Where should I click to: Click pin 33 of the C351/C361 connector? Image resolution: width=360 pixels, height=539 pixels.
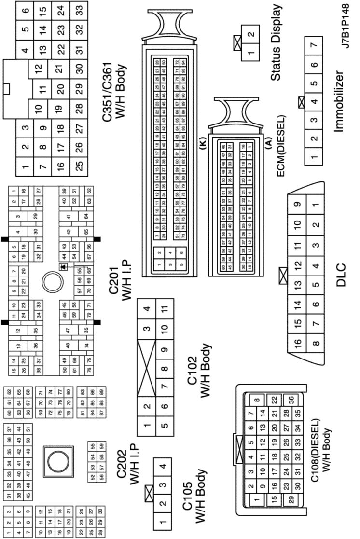[x=79, y=10]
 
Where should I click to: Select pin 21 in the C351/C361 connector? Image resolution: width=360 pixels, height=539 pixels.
[x=59, y=69]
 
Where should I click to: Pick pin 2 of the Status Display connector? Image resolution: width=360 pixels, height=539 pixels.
[x=250, y=35]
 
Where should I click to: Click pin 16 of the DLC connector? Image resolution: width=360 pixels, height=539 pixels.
[x=298, y=343]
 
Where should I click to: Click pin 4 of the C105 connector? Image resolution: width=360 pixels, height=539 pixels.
[x=163, y=467]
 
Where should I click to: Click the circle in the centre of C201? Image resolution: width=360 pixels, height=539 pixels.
[x=52, y=281]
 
